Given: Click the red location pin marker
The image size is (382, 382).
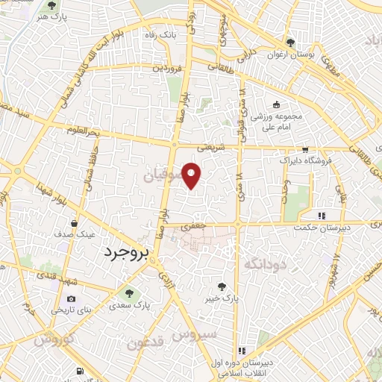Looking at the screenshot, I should click(192, 175).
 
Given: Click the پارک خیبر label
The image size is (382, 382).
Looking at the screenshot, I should click(223, 298).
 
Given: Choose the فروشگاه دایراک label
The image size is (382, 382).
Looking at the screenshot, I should click(301, 160).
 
